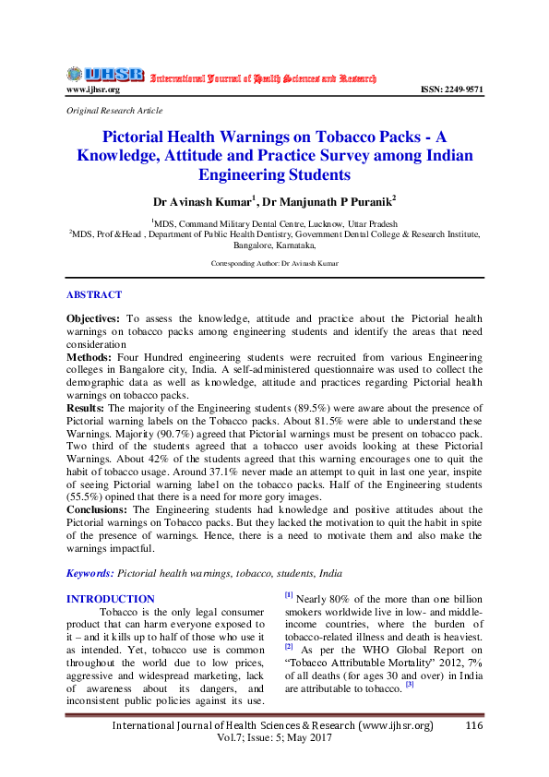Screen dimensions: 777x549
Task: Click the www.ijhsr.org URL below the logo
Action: pos(92,90)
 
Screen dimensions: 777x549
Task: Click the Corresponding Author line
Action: pos(274,263)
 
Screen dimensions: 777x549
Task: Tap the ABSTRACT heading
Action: pos(93,294)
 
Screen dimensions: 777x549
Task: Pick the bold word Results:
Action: pos(86,406)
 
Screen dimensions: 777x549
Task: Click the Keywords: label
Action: pos(90,572)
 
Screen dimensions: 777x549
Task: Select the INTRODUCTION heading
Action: pos(111,599)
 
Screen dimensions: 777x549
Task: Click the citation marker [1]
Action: pos(289,595)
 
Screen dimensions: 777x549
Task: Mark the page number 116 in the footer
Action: pos(475,726)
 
